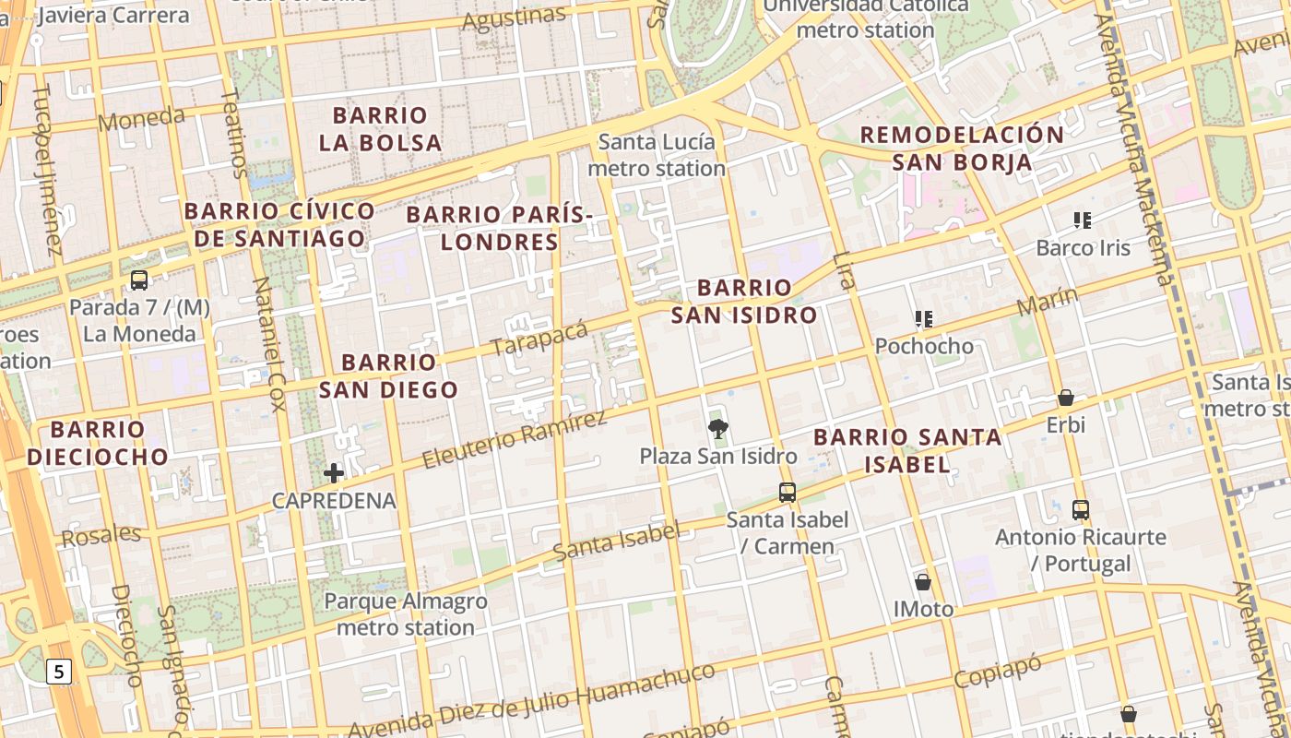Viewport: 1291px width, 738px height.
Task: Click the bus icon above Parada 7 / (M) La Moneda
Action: tap(139, 280)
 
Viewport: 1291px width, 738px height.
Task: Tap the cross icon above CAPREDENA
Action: tap(334, 474)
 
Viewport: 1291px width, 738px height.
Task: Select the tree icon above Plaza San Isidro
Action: tap(717, 428)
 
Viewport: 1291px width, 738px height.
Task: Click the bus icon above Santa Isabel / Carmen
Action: tap(787, 493)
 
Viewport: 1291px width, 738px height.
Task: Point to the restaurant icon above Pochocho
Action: tap(924, 319)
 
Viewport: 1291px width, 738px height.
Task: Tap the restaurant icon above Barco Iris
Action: tap(1083, 220)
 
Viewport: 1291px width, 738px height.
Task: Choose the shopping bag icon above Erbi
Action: tap(1066, 398)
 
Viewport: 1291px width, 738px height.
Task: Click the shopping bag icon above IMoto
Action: tap(923, 582)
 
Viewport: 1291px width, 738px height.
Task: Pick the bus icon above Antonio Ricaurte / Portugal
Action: tap(1081, 509)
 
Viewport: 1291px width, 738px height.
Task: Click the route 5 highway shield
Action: tap(60, 672)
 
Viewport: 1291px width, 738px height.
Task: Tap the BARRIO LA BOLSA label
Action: tap(381, 129)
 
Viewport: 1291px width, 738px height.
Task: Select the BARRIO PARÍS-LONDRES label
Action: tap(499, 228)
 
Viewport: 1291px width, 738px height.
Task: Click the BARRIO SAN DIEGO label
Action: tap(389, 375)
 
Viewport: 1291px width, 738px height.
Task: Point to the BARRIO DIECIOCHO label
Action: tap(98, 443)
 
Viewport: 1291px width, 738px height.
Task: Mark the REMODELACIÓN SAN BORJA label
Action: tap(962, 149)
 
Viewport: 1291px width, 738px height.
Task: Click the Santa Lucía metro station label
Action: tap(657, 155)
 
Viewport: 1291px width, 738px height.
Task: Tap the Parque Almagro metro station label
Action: tap(406, 614)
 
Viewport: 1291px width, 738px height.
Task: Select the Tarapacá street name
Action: tap(539, 339)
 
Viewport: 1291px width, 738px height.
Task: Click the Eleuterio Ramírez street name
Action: tap(514, 439)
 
